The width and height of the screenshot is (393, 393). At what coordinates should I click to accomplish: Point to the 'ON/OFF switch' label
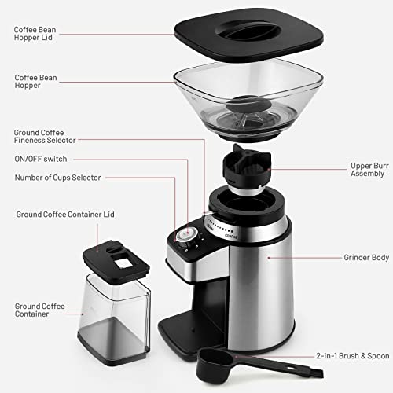pos(40,159)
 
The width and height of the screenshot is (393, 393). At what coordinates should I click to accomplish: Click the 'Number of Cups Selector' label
pos(57,178)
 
